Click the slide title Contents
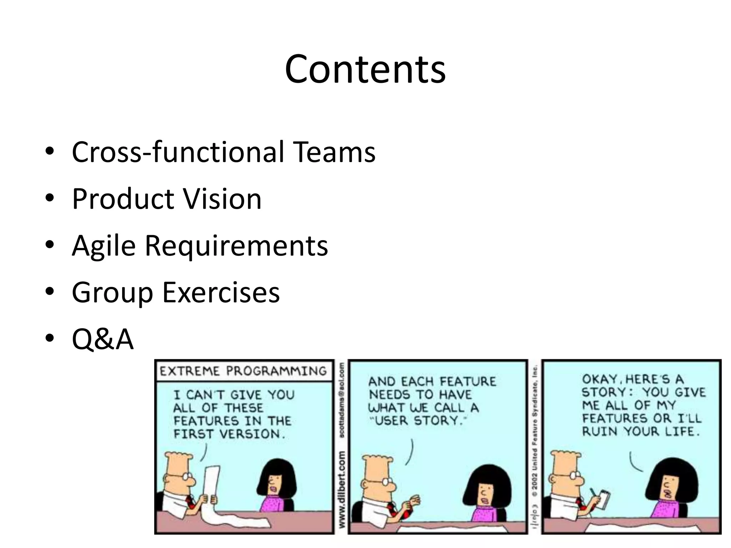coord(365,69)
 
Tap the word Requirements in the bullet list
coord(236,246)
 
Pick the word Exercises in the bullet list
coord(221,293)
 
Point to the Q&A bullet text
coord(102,339)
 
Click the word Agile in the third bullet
coord(104,246)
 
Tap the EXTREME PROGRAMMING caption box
coord(243,371)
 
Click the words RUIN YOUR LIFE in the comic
coord(641,432)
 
